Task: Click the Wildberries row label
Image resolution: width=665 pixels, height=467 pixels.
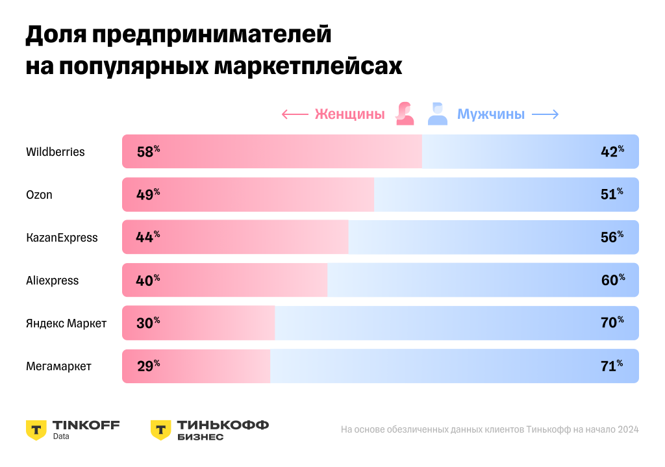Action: pos(55,152)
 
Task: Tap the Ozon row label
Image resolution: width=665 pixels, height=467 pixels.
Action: pos(39,195)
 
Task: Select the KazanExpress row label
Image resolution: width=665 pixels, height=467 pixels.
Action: pos(62,238)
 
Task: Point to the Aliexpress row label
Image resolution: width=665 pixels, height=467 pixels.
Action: pos(52,281)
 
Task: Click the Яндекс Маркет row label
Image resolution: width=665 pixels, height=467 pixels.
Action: pos(66,323)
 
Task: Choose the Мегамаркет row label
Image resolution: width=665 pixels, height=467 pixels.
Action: pos(58,366)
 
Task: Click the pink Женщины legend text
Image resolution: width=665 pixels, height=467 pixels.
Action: pos(349,114)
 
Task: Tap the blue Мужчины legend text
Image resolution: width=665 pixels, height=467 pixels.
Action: pos(491,114)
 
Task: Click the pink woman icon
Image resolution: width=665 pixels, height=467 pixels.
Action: pos(406,114)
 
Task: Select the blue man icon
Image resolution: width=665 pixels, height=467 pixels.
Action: pos(438,114)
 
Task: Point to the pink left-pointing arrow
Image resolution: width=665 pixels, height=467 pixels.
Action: pos(294,115)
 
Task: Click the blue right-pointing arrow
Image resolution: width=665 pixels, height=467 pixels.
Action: pos(546,115)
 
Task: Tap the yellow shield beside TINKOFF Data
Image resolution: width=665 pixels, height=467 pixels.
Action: pos(36,429)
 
